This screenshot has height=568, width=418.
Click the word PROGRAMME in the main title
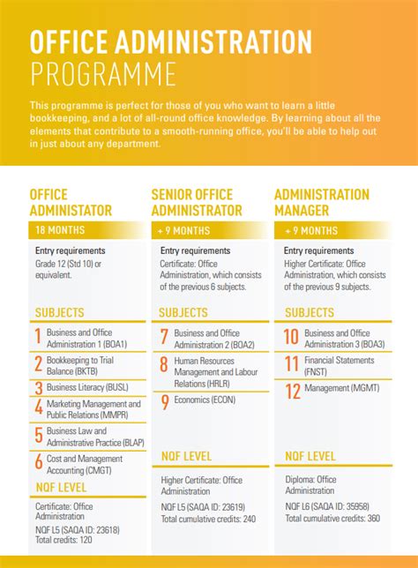(102, 72)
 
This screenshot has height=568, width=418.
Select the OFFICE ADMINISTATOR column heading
(71, 202)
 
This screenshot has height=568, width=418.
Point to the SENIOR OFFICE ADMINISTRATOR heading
(196, 202)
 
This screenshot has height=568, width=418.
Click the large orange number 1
(38, 337)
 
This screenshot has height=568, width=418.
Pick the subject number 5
(39, 436)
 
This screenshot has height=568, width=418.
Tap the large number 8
(164, 366)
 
